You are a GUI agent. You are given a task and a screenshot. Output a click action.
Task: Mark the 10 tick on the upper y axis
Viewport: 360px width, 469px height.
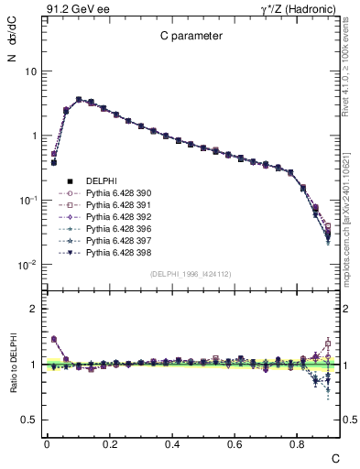point(29,71)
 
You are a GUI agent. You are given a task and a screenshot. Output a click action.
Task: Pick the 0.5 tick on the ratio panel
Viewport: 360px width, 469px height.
point(27,420)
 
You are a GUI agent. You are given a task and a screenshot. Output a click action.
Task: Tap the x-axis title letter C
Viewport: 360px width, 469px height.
point(335,458)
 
